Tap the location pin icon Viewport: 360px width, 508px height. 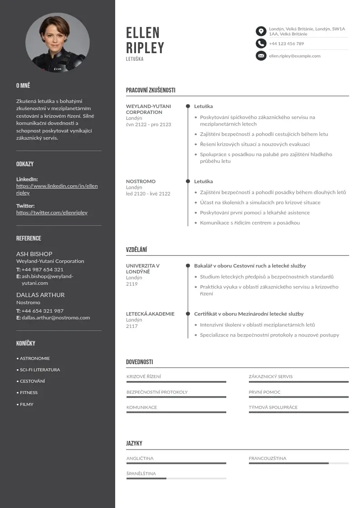tap(261, 31)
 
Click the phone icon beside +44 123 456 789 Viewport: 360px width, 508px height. tap(261, 44)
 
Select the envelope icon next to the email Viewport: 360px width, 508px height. tap(261, 56)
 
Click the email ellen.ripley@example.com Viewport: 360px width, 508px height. tap(295, 56)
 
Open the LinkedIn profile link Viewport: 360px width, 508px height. tap(57, 189)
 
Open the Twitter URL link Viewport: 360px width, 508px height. tap(52, 212)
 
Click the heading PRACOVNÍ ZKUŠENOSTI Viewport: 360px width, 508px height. tap(151, 90)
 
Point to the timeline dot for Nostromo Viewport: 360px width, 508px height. tap(188, 181)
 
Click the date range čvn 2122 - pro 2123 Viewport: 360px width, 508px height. tap(149, 124)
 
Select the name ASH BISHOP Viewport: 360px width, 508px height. tap(34, 254)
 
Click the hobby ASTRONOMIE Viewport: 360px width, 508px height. tap(35, 358)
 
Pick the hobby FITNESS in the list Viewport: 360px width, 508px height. tap(29, 392)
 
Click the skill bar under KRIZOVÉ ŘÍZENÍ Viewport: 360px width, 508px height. tap(176, 382)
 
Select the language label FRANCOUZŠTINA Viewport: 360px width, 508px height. tap(268, 458)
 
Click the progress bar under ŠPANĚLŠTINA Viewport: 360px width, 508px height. tap(176, 479)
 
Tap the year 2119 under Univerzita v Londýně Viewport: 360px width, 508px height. tap(131, 284)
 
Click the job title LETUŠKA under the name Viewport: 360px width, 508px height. tap(135, 59)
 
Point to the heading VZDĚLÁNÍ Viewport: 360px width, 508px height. tap(136, 249)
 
